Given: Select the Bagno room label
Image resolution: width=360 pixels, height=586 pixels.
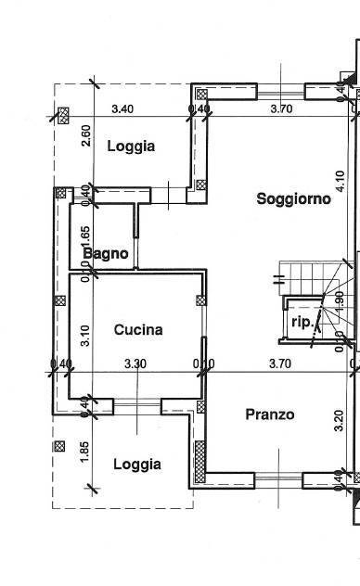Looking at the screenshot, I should click(x=105, y=253).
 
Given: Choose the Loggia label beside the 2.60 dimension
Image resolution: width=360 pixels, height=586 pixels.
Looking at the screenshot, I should click(x=130, y=146).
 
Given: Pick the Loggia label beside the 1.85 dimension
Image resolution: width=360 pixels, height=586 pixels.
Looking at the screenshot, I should click(x=136, y=465).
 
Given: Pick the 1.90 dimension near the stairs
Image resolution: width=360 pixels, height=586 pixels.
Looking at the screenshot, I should click(x=340, y=299).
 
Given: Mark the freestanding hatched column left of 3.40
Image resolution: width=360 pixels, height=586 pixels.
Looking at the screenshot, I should click(x=63, y=116).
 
